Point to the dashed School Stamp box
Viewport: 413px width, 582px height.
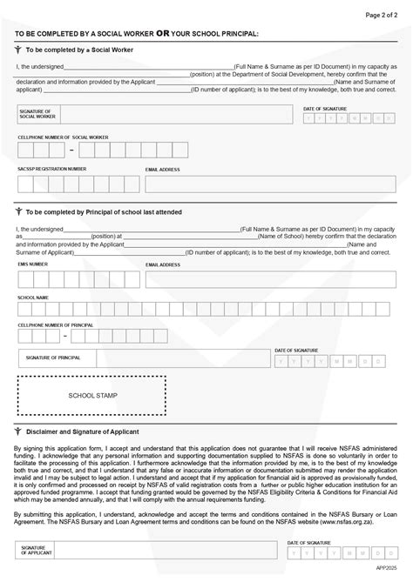pos(91,395)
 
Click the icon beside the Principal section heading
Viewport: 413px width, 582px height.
pos(17,211)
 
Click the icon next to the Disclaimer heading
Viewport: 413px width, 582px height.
pos(17,431)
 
